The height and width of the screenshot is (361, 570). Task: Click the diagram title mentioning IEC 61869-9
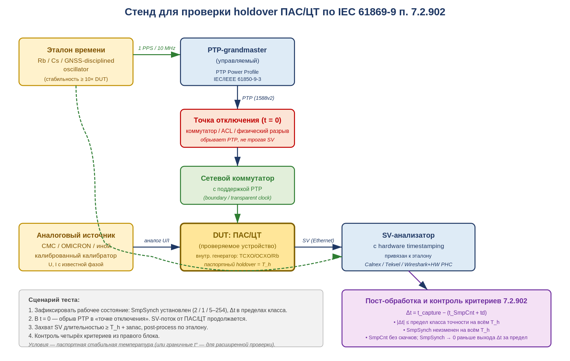click(x=285, y=12)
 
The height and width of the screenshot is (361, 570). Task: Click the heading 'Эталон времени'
click(x=76, y=50)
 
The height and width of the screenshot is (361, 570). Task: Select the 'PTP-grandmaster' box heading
click(x=237, y=50)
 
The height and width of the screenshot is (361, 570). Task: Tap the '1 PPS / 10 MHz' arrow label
click(x=156, y=48)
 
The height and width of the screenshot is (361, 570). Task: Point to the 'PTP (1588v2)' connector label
click(x=258, y=98)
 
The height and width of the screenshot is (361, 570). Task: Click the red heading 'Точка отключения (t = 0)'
click(x=237, y=120)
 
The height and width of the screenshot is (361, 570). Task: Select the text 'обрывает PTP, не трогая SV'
click(x=237, y=140)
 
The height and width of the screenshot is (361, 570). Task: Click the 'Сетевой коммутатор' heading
click(x=237, y=178)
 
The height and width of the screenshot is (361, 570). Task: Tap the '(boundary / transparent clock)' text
click(x=237, y=198)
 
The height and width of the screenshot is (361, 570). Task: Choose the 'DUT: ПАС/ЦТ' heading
click(x=237, y=235)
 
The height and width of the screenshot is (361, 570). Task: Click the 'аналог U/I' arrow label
click(x=156, y=241)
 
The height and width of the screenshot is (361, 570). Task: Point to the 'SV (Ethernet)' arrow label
click(x=318, y=241)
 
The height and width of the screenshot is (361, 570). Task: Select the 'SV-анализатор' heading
click(x=408, y=235)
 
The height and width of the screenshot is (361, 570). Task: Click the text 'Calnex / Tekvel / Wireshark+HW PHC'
click(x=408, y=264)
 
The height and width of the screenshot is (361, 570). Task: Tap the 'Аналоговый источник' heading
click(x=76, y=235)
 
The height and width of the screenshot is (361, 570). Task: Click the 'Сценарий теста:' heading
click(x=54, y=300)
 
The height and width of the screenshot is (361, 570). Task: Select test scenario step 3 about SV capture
click(x=118, y=328)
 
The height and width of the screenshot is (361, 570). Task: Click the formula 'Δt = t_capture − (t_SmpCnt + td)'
click(x=446, y=313)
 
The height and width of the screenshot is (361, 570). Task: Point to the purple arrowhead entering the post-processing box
click(x=424, y=286)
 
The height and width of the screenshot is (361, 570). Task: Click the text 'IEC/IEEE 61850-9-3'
click(x=237, y=79)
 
